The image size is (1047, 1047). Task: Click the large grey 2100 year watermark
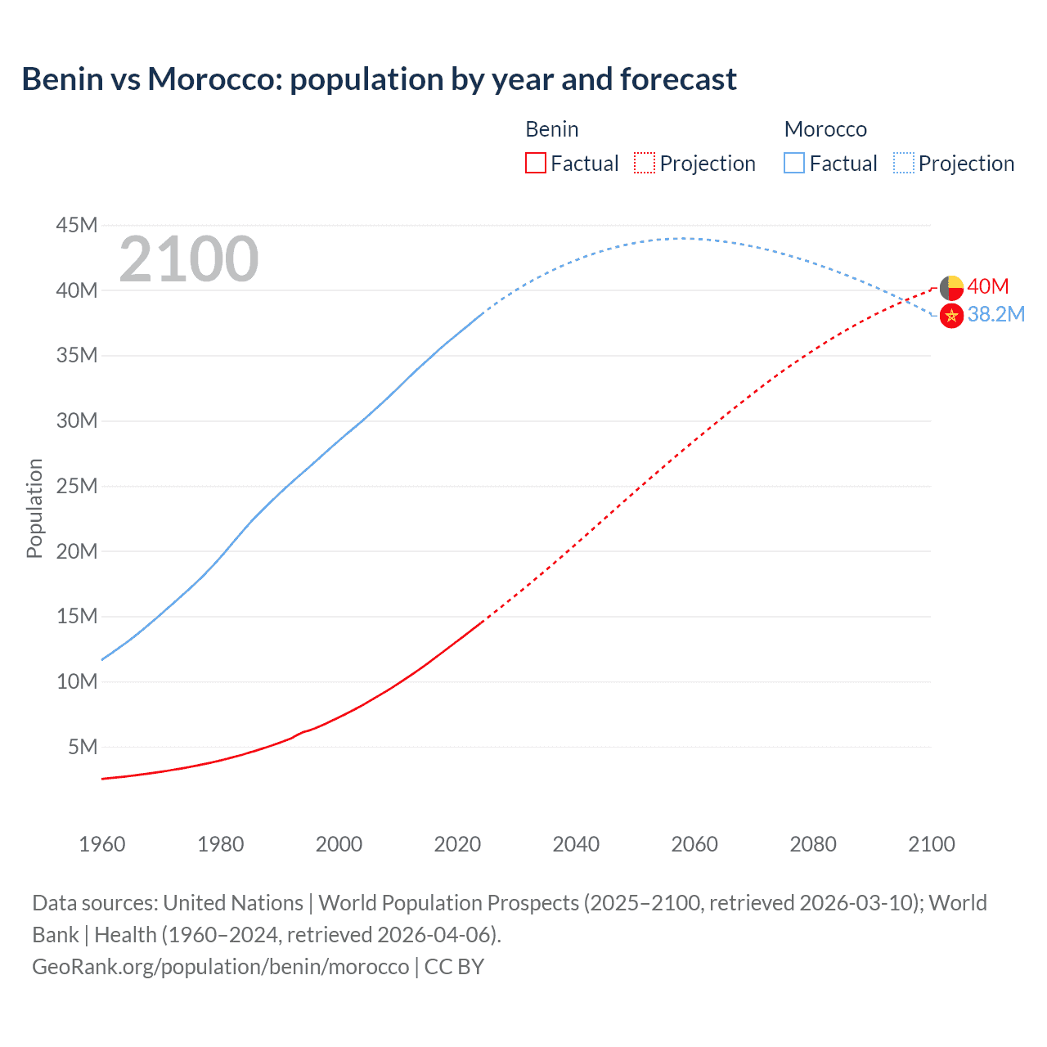pyautogui.click(x=189, y=259)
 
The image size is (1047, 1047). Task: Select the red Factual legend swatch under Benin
pyautogui.click(x=535, y=164)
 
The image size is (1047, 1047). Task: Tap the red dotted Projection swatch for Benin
pyautogui.click(x=645, y=164)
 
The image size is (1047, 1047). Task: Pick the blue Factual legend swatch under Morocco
pyautogui.click(x=793, y=164)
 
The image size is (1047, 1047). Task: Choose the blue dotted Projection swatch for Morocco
pyautogui.click(x=903, y=164)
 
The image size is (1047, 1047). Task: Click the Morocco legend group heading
pyautogui.click(x=825, y=129)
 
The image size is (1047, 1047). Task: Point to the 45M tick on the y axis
pyautogui.click(x=77, y=225)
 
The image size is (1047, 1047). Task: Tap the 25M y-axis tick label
pyautogui.click(x=77, y=486)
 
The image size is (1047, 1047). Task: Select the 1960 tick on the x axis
pyautogui.click(x=102, y=844)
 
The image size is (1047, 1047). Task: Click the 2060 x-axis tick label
pyautogui.click(x=694, y=844)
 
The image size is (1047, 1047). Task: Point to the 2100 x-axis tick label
pyautogui.click(x=931, y=844)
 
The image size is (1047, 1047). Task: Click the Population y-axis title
pyautogui.click(x=34, y=508)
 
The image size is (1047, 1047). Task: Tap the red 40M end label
pyautogui.click(x=987, y=286)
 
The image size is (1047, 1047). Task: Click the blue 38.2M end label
pyautogui.click(x=995, y=314)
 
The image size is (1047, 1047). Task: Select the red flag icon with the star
pyautogui.click(x=951, y=316)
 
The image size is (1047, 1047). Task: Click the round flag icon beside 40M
pyautogui.click(x=951, y=288)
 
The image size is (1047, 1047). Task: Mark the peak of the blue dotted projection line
pyautogui.click(x=683, y=238)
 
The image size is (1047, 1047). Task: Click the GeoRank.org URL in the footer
pyautogui.click(x=220, y=967)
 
